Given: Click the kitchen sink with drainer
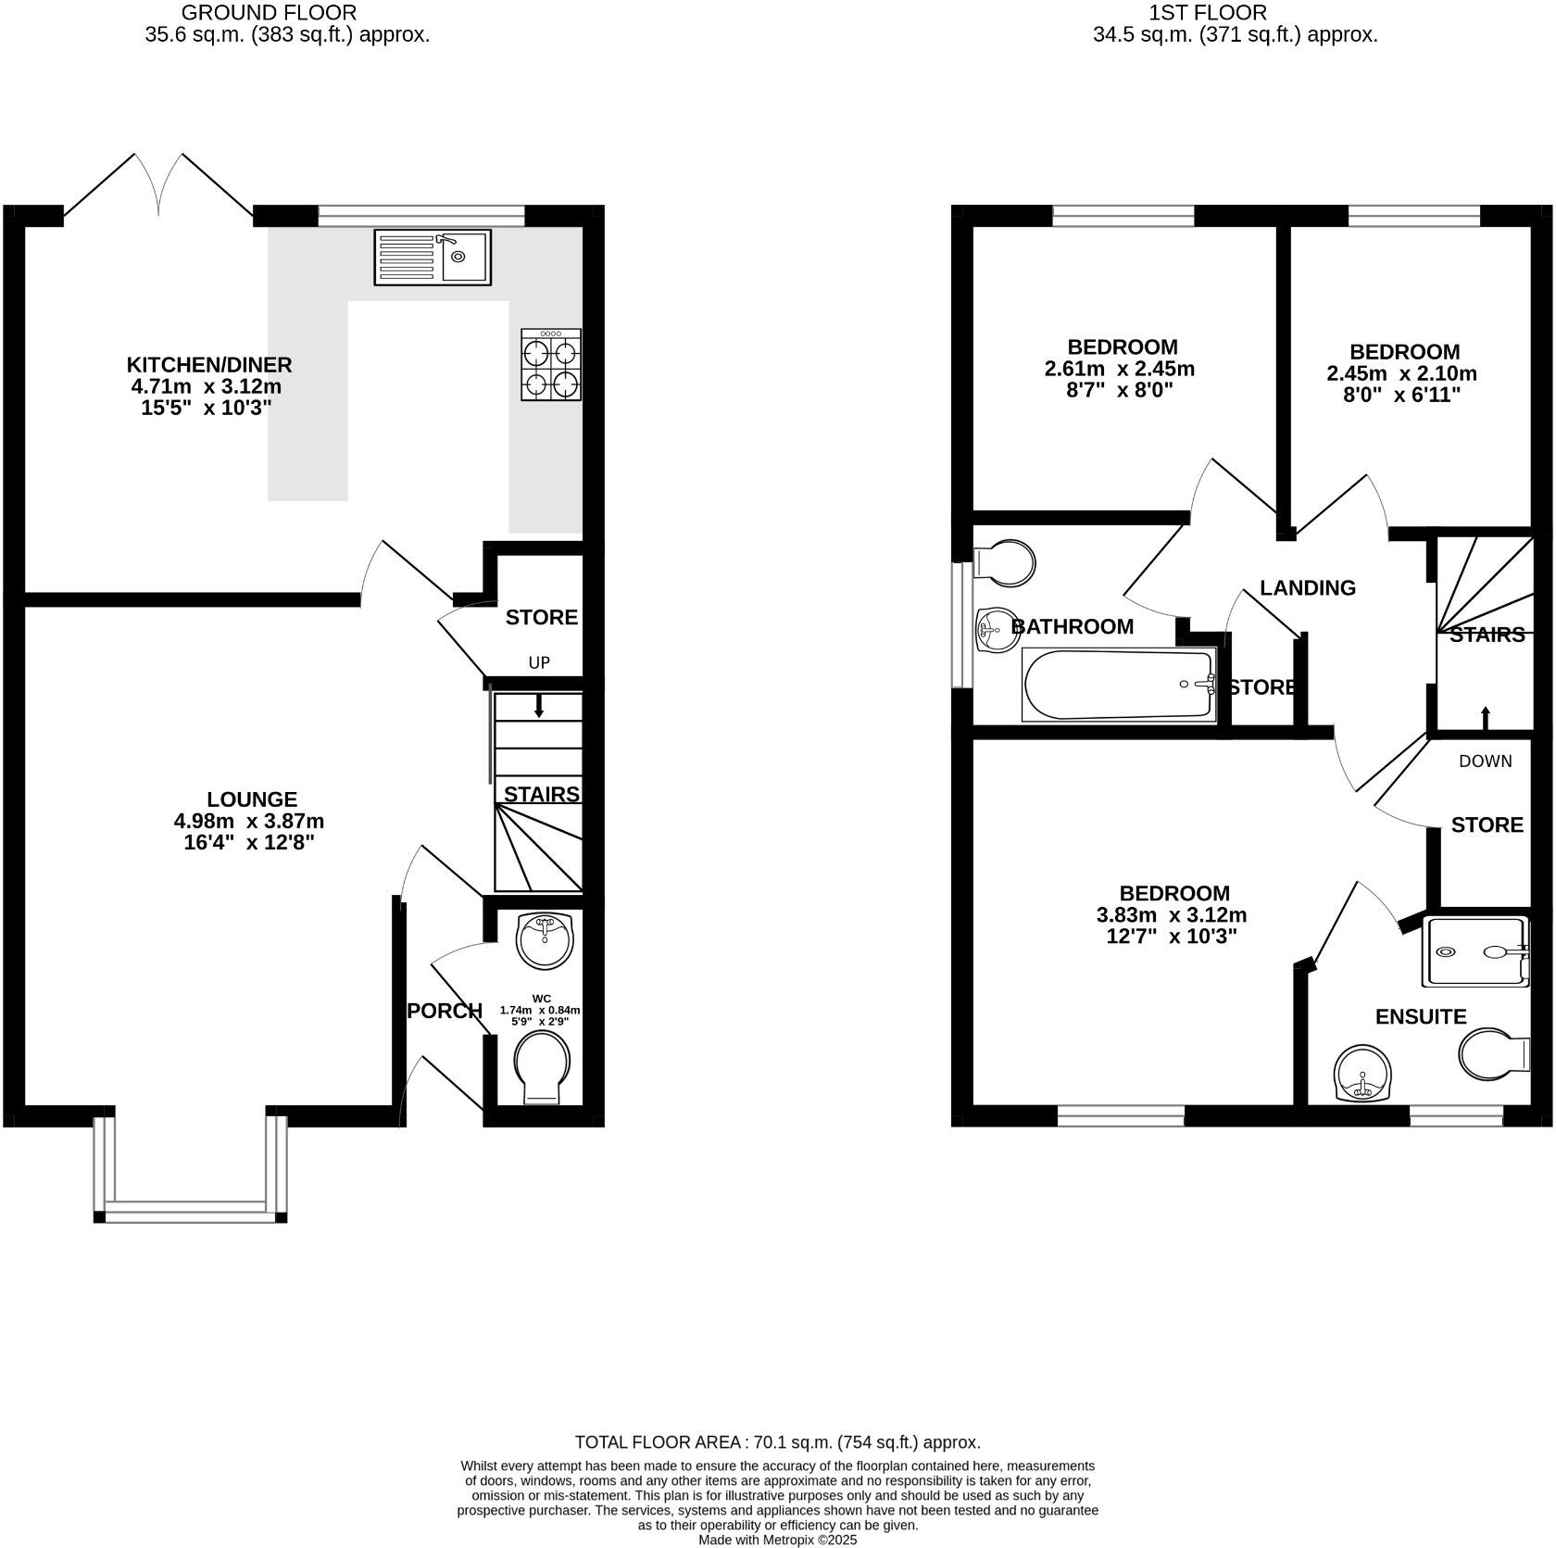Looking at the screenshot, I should coord(432,258).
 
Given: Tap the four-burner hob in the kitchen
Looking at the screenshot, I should coord(551,365).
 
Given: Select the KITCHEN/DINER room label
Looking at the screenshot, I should coord(209,364).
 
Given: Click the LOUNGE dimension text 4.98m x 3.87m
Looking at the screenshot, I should coord(249,821).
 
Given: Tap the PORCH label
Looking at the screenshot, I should coord(445,1011).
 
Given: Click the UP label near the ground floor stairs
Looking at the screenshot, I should coord(539,662).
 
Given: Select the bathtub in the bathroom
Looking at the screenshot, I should coord(1118,686).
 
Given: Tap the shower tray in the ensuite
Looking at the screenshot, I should coord(1474,951).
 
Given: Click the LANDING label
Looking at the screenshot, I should coord(1307,587).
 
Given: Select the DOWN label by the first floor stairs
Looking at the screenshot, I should coord(1485,761).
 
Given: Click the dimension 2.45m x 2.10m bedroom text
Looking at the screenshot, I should coord(1401,374).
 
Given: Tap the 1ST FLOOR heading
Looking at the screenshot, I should coord(1207,13).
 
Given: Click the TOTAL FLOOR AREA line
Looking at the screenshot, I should coord(777,1441).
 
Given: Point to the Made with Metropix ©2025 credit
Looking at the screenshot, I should coord(777,1540).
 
